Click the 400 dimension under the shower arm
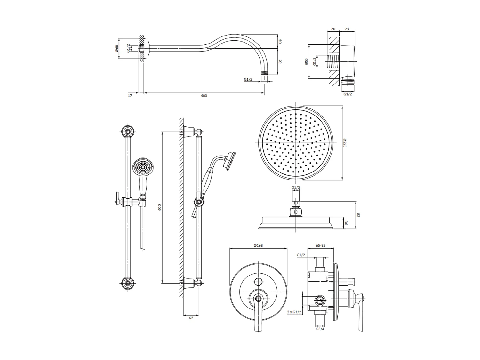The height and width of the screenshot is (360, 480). pyautogui.click(x=204, y=96)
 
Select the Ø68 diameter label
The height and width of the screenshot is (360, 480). pyautogui.click(x=117, y=48)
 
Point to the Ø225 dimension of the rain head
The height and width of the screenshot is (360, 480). pyautogui.click(x=345, y=143)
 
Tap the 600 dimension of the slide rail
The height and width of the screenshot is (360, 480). pyautogui.click(x=159, y=207)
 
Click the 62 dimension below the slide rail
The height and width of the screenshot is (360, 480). pyautogui.click(x=191, y=318)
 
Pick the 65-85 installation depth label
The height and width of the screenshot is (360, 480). pyautogui.click(x=320, y=245)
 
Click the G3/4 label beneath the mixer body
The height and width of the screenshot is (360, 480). pyautogui.click(x=320, y=329)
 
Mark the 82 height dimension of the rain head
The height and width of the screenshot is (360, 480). pyautogui.click(x=358, y=215)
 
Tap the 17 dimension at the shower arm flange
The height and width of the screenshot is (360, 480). pyautogui.click(x=130, y=96)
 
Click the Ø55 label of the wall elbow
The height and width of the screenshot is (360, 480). pyautogui.click(x=306, y=61)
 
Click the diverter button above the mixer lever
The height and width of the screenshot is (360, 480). pyautogui.click(x=258, y=282)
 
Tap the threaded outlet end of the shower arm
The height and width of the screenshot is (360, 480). pyautogui.click(x=264, y=73)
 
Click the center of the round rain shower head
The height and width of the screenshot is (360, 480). pyautogui.click(x=296, y=143)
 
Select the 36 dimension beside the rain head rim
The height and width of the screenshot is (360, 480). pyautogui.click(x=346, y=223)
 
